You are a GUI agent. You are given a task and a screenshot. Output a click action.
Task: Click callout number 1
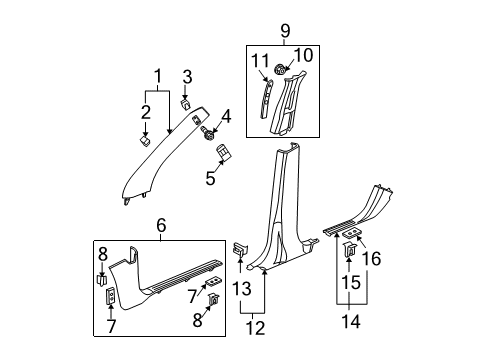156,75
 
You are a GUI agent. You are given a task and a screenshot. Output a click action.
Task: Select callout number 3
186,77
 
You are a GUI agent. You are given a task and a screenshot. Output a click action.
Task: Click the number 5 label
209,180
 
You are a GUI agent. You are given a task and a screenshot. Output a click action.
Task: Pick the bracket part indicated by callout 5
223,153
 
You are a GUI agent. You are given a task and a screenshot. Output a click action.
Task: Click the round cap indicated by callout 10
283,71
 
